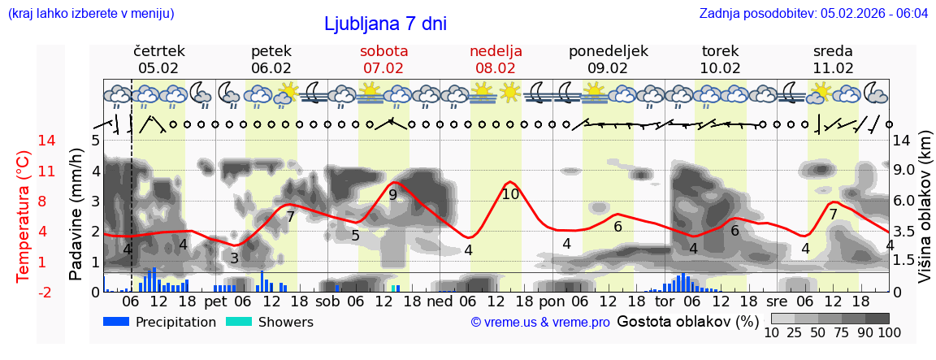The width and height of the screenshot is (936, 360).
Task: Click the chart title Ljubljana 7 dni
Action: pos(385,24)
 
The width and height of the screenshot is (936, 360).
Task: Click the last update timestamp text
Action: pos(813,14)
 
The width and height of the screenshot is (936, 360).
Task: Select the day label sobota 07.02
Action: pos(383,59)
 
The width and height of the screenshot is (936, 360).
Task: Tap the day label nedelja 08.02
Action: pos(496,59)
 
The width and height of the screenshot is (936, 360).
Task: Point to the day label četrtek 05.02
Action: pos(158,59)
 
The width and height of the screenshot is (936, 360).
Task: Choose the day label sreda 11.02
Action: pos(833,59)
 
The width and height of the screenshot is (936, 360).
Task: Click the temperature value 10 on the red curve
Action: pos(510,194)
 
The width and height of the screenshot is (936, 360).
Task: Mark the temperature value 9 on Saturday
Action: pos(392,195)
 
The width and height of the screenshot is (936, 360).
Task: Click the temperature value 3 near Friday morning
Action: pos(234,258)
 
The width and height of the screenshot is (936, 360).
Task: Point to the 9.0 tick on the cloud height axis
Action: pos(904,171)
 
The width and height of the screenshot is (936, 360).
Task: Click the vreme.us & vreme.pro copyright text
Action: pos(539,322)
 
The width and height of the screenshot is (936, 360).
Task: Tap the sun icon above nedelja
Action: pos(510,91)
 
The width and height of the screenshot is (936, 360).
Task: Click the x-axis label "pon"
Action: pos(552,301)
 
